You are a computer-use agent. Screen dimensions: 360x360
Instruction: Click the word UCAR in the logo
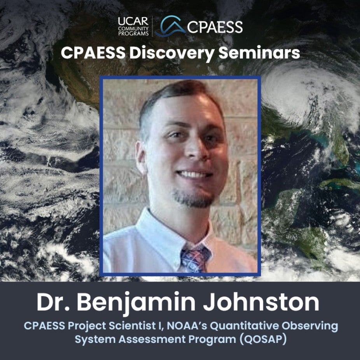point(133,21)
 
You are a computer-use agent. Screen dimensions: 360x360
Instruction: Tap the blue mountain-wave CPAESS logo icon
point(170,26)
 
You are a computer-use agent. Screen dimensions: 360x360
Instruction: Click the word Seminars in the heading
point(259,53)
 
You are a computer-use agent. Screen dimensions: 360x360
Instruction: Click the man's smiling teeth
point(194,175)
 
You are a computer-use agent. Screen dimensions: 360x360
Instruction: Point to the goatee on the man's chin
point(193,199)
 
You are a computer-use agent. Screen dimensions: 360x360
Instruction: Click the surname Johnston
point(261,302)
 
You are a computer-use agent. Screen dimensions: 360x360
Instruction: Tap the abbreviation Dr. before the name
point(53,302)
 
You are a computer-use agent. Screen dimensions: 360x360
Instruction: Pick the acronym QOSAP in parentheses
point(263,339)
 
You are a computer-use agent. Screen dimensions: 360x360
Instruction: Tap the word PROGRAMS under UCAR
point(133,33)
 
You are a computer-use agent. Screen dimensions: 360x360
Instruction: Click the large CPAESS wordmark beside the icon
point(215,27)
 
